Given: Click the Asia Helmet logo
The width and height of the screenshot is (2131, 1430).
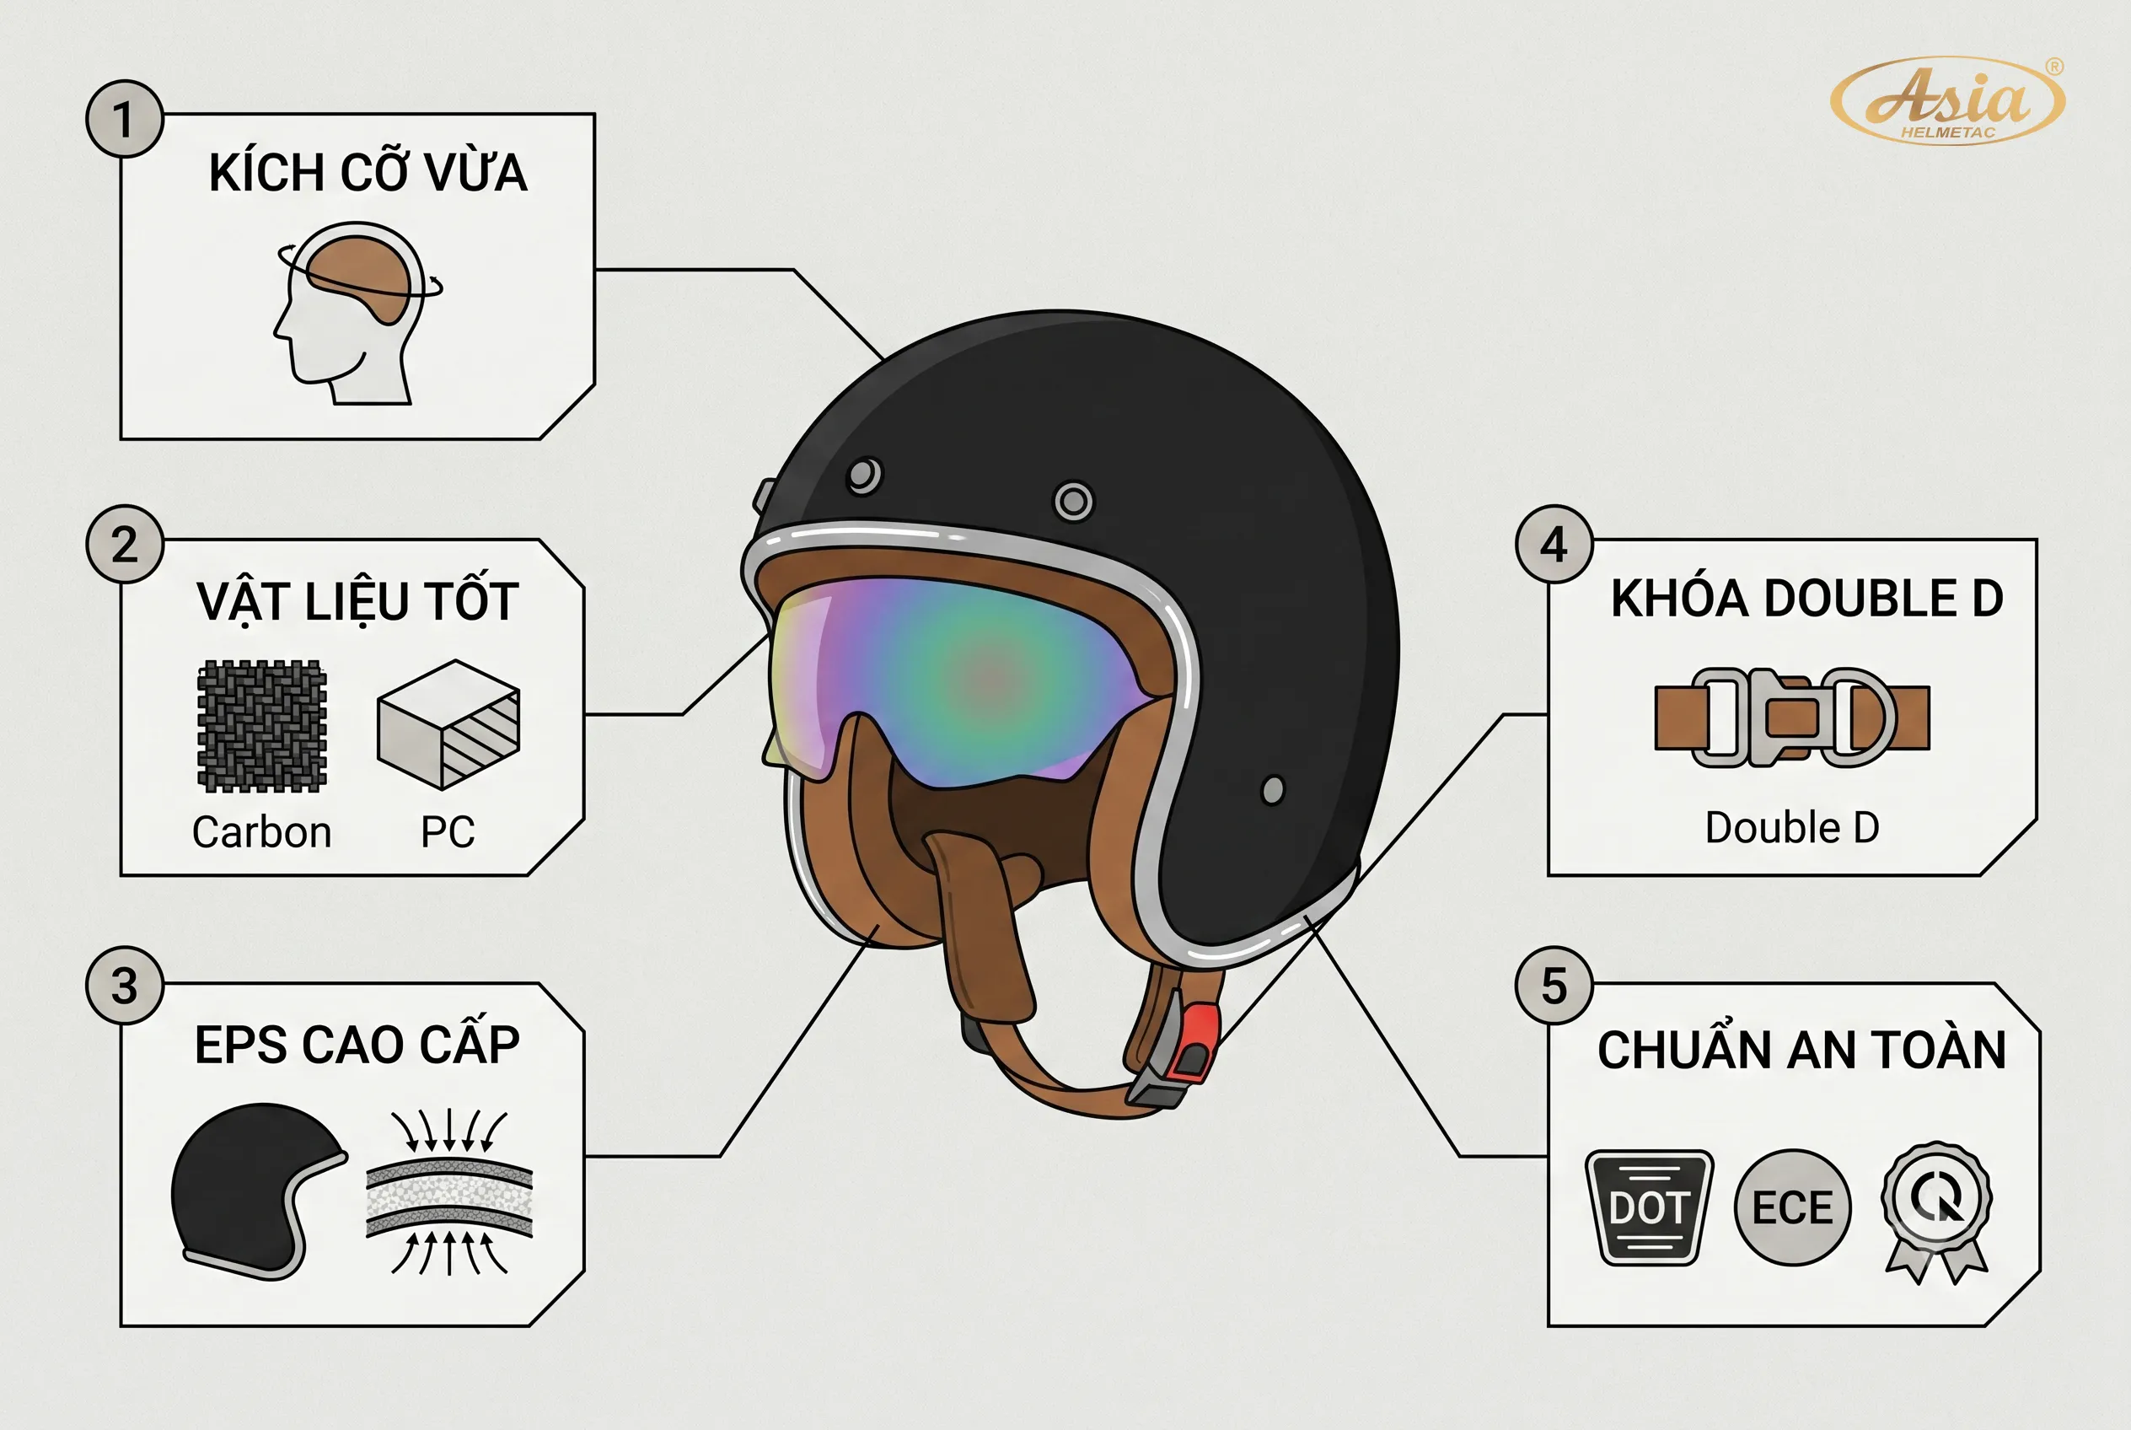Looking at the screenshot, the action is click(x=1948, y=100).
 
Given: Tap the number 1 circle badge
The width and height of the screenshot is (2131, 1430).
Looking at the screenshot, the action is click(x=125, y=119).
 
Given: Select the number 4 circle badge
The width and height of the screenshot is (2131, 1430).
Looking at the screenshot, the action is click(x=1554, y=545).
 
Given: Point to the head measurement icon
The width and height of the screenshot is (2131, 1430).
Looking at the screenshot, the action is click(x=358, y=313).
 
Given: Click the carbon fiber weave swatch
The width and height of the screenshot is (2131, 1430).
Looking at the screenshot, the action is click(x=261, y=726).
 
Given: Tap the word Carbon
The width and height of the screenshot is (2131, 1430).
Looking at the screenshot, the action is click(x=261, y=831).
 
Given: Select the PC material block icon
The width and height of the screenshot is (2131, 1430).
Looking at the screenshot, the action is click(x=448, y=724).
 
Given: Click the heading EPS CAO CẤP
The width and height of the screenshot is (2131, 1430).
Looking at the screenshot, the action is click(x=357, y=1046).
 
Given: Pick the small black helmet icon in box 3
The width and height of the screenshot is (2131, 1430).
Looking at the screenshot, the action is click(x=258, y=1191).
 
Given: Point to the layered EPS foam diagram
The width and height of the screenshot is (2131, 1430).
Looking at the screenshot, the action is click(x=448, y=1192).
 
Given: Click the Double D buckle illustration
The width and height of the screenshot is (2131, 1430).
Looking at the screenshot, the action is click(x=1792, y=718).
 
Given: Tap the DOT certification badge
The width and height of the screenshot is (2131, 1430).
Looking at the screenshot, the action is click(x=1650, y=1207).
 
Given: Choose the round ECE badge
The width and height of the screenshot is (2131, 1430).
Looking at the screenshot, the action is click(x=1793, y=1207).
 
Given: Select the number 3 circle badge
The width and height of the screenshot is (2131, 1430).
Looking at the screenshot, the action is click(x=125, y=986).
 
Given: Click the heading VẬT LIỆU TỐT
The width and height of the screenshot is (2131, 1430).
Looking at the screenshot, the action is click(x=357, y=601).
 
